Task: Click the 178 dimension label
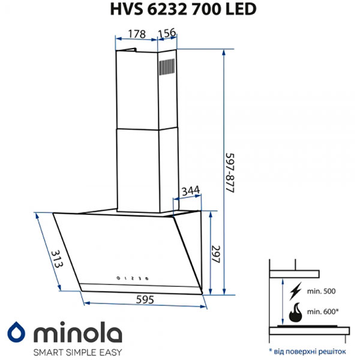(x=137, y=34)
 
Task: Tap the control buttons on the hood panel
(x=133, y=277)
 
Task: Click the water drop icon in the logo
(x=16, y=332)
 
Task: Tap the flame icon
(x=295, y=313)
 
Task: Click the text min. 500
(x=321, y=292)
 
